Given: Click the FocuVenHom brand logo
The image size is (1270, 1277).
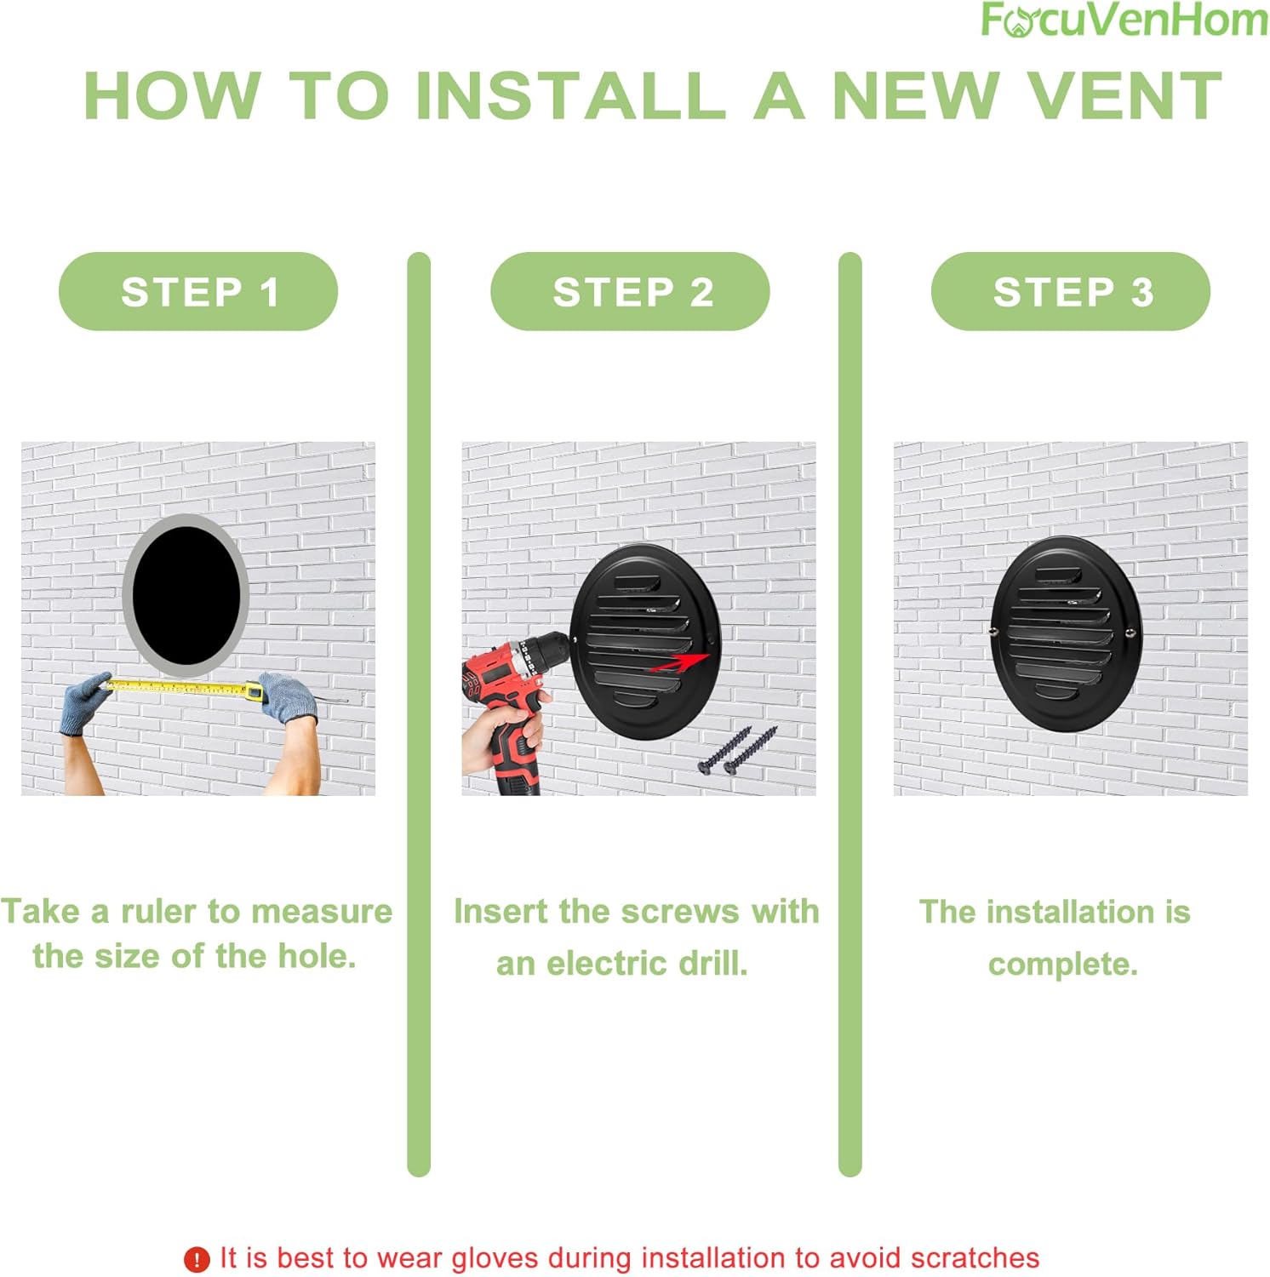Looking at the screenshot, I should (1123, 20).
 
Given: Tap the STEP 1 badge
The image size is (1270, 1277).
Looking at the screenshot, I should (198, 292).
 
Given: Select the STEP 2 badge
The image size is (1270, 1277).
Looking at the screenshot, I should (631, 292).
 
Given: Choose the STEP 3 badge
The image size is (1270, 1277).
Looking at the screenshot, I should (1071, 292).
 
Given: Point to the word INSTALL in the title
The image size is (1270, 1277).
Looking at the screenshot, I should (570, 96).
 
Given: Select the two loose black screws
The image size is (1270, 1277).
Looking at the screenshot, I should (737, 751).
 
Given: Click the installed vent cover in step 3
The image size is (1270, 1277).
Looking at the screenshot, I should (1064, 634).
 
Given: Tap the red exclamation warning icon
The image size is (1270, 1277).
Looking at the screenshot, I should (197, 1259).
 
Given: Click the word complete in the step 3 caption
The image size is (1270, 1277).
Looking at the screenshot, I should (1062, 964).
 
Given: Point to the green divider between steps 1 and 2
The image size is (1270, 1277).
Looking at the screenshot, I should (419, 715).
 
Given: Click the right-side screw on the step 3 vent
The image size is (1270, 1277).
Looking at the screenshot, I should (1130, 632).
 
